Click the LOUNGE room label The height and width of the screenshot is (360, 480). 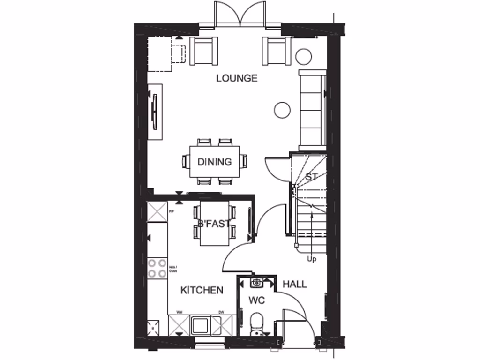click(237, 78)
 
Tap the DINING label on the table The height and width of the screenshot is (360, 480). click(215, 162)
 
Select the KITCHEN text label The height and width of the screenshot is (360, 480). click(202, 291)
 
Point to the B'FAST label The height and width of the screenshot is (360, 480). click(214, 224)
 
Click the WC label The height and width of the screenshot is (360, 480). click(257, 300)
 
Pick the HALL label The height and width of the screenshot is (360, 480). click(295, 284)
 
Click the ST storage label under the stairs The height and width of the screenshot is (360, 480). click(312, 177)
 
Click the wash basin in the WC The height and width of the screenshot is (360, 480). click(257, 283)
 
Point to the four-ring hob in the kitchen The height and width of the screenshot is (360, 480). click(157, 267)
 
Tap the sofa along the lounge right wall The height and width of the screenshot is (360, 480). click(312, 108)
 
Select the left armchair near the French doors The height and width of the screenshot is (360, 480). click(204, 50)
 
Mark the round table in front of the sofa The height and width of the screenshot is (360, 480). click(282, 110)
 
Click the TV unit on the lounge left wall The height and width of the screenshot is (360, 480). click(155, 112)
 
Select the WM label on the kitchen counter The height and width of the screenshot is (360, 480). click(179, 312)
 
